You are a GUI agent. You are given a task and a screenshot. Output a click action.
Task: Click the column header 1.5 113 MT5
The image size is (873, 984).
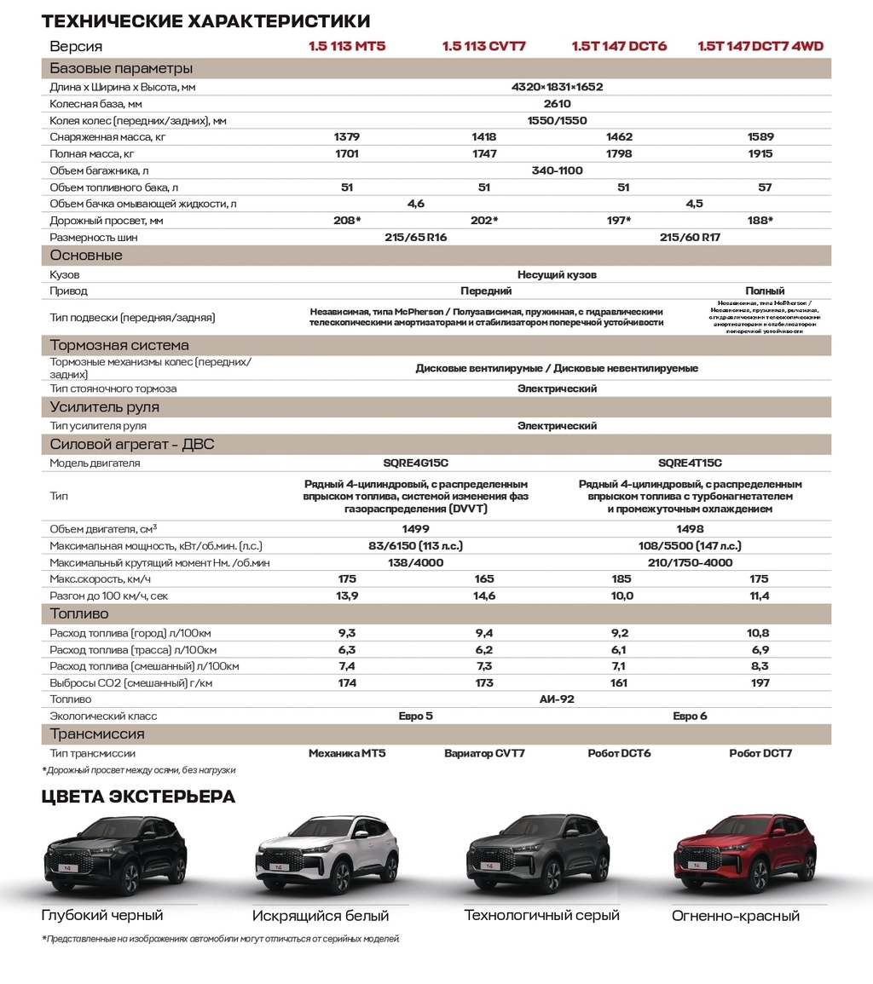347,46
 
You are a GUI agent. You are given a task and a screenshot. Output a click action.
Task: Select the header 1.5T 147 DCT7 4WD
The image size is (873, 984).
760,46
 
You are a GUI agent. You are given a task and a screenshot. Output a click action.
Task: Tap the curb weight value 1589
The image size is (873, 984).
760,137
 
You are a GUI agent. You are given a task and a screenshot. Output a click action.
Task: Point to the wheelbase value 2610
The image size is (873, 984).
557,104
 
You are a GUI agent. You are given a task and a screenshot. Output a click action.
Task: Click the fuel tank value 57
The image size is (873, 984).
765,187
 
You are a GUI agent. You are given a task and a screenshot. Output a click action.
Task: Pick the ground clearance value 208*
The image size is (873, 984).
347,221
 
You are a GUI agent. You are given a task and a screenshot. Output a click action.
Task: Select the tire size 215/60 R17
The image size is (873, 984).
690,238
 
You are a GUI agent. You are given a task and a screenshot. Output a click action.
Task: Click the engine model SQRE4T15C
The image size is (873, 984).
690,463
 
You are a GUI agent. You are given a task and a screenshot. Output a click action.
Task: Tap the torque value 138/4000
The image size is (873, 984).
415,562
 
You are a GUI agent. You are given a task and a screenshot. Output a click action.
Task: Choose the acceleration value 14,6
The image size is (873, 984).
484,596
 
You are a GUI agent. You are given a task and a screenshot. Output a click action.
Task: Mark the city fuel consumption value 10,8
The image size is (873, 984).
758,633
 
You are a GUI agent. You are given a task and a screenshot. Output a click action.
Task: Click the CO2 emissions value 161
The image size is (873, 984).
619,683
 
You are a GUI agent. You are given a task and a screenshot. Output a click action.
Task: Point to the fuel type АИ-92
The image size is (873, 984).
557,699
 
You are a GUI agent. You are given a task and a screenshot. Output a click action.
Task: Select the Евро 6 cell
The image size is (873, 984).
690,716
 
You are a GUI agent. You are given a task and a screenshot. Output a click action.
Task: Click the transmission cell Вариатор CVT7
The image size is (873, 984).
484,754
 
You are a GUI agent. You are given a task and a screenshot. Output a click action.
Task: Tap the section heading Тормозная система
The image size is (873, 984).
119,345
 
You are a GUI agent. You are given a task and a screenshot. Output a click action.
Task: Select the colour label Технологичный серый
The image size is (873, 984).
541,916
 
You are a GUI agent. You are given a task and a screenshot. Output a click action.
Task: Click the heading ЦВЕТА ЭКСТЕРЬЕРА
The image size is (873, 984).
138,797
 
